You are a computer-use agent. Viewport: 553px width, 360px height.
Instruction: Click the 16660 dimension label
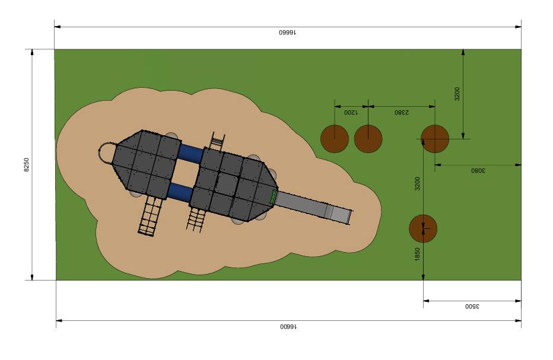click(287, 33)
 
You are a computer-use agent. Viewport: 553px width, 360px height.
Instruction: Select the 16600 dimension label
click(288, 327)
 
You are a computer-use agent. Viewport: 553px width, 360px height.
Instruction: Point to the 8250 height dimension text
click(27, 165)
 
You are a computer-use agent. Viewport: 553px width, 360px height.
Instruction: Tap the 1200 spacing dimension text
click(351, 113)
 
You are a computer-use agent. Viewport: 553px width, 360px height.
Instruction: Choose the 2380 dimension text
click(402, 113)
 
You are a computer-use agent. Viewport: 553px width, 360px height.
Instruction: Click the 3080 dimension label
click(478, 171)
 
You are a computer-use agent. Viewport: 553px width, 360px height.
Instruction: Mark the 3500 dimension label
click(472, 307)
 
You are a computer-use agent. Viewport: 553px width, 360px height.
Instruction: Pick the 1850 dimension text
click(418, 254)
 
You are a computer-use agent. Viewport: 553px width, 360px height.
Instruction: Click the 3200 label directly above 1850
click(418, 184)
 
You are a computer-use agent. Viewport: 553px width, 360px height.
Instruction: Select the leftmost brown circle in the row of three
click(335, 139)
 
